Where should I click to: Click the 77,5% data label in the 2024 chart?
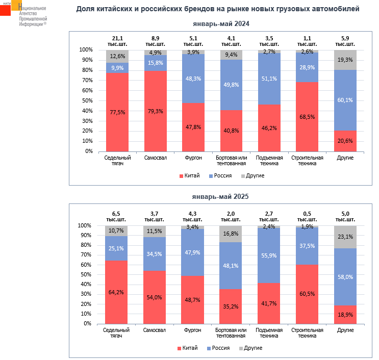(117, 113)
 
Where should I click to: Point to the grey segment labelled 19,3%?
(346, 60)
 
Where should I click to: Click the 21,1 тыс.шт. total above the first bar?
(117, 41)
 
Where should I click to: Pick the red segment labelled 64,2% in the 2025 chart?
(117, 292)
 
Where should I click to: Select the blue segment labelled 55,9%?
(270, 255)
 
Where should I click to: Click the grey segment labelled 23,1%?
(346, 237)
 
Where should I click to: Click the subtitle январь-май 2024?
(220, 23)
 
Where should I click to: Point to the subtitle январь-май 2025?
(220, 196)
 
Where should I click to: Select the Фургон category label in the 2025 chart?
(193, 330)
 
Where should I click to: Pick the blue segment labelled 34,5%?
(156, 254)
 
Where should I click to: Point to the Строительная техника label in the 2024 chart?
(308, 160)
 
